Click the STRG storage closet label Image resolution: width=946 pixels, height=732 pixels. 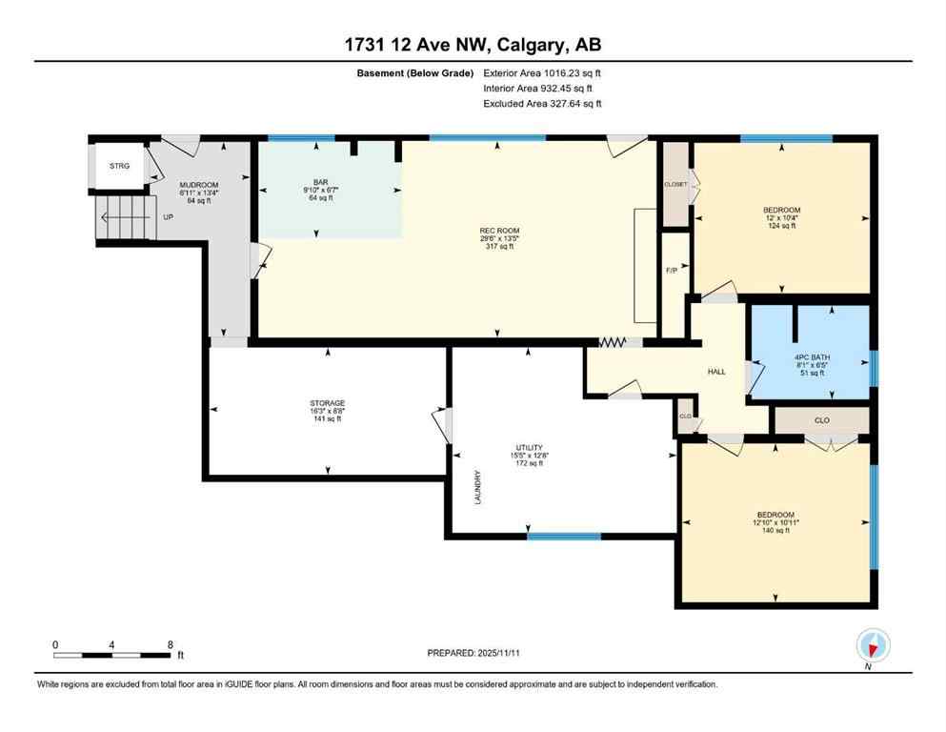(119, 166)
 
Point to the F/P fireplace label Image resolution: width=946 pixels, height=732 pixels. (671, 270)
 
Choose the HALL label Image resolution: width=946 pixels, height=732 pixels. (716, 372)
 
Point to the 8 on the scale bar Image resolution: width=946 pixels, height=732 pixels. (170, 643)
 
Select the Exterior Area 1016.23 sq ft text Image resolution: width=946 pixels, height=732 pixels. (542, 72)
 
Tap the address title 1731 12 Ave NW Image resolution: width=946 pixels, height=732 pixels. (473, 44)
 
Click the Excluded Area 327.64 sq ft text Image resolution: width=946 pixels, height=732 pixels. (542, 104)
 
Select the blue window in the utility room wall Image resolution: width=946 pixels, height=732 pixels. (564, 536)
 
